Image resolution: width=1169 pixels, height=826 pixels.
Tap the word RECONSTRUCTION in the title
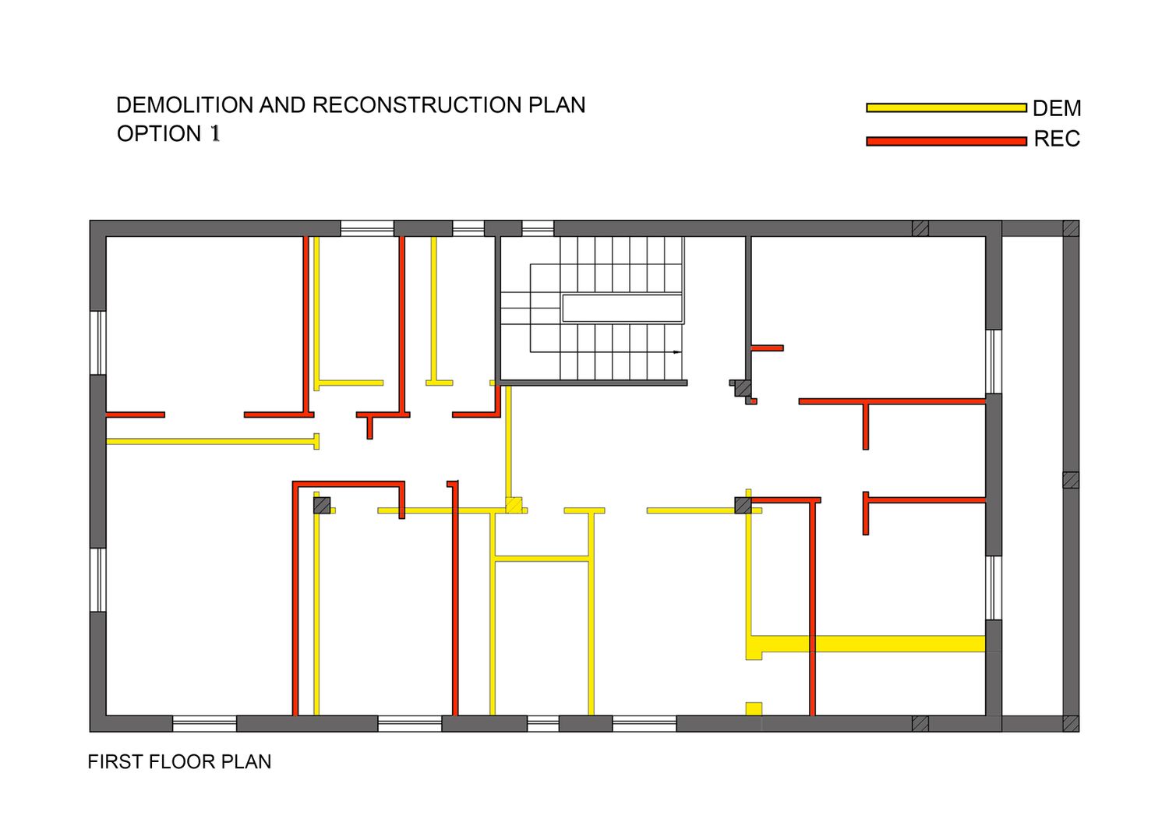pos(417,105)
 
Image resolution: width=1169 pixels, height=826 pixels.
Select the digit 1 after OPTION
pos(215,134)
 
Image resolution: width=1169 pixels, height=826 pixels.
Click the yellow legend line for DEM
pos(945,108)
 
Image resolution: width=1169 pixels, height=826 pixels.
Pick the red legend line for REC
pos(945,141)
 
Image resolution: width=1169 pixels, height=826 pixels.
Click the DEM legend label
pos(1057,108)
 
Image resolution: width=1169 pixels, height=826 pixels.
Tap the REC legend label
pos(1057,139)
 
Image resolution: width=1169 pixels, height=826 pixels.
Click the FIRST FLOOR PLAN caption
pos(179,761)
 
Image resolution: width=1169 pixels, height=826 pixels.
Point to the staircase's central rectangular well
pos(622,308)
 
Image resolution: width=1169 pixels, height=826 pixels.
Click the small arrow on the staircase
pos(676,352)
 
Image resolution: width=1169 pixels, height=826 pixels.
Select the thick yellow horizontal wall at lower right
pos(873,644)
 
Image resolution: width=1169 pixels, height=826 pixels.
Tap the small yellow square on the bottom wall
pos(754,708)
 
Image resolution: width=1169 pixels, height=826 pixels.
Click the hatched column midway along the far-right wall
pos(1071,480)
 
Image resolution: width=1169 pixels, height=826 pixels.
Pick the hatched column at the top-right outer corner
pos(1071,228)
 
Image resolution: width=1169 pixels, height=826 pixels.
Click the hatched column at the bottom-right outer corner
pos(1071,723)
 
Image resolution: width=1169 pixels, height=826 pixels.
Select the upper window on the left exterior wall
pos(97,343)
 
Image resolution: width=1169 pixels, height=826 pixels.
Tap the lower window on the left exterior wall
pos(97,580)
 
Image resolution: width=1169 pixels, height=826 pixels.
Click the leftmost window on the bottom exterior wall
pos(204,723)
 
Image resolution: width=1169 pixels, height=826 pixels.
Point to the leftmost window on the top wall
pos(367,228)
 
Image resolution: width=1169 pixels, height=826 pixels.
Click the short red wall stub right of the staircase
pos(768,348)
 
